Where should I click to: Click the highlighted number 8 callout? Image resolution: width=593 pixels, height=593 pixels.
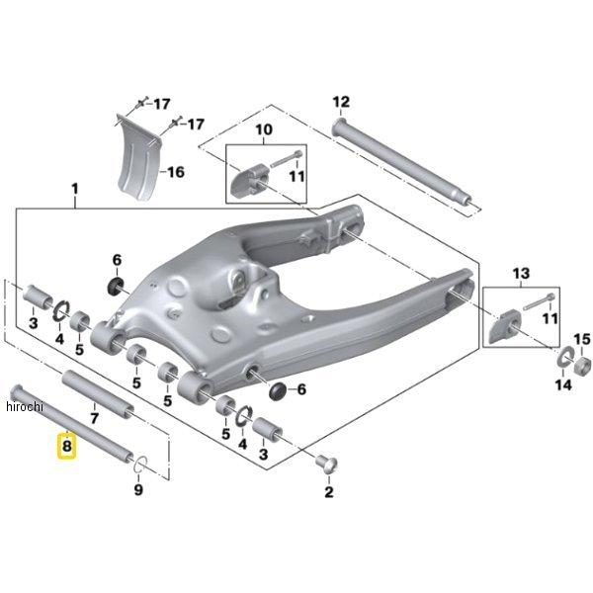66,447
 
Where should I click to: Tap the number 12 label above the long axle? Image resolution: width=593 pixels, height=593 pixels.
341,102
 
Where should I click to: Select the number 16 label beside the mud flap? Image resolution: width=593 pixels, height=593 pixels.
176,172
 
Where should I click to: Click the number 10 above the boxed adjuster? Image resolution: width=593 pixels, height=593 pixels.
264,129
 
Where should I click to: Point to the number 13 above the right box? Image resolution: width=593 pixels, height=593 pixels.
521,273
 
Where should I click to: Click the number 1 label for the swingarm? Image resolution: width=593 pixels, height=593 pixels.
75,189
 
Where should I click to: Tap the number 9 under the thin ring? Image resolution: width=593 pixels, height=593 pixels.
138,490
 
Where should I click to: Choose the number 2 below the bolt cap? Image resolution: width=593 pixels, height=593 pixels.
329,491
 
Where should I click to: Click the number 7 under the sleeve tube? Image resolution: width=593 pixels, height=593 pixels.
94,418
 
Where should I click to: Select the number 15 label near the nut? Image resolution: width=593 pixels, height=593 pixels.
582,339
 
